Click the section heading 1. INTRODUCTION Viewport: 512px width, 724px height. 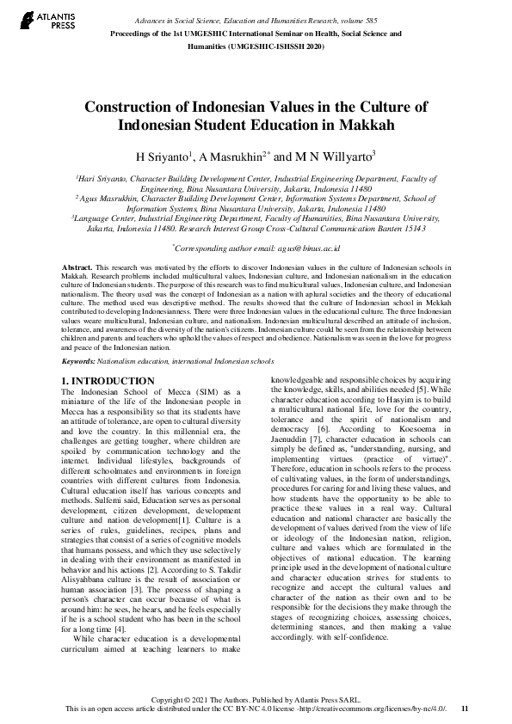tap(108, 381)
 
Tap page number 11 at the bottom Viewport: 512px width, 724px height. tap(465, 708)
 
